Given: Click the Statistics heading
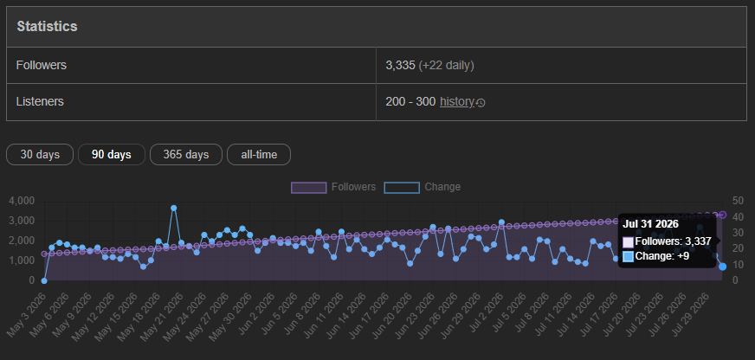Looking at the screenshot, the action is point(47,27).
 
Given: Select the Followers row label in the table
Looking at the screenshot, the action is point(42,65).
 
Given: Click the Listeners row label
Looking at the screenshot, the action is point(40,101).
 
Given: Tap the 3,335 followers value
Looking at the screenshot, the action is point(400,65).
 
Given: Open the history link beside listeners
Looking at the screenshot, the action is point(457,102).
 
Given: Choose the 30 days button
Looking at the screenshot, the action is point(40,155).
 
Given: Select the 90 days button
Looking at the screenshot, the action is point(112,155).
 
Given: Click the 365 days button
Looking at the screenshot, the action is point(186,155).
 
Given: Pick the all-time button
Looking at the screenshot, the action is point(259,155).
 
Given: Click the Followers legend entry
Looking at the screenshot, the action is point(333,187).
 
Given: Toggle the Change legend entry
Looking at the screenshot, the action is point(423,187).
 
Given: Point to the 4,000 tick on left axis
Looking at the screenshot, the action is point(22,201).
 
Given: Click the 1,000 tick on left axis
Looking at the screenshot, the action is point(22,260).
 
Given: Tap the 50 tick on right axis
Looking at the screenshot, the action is point(737,201).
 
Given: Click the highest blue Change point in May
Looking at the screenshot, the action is point(174,208).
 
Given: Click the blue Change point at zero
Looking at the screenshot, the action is point(44,280).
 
